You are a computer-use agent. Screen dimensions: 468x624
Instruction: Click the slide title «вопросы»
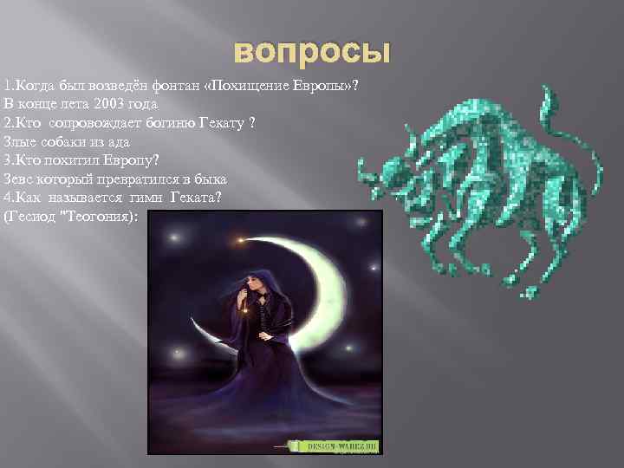(x=311, y=52)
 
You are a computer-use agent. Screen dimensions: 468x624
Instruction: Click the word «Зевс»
(x=19, y=179)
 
